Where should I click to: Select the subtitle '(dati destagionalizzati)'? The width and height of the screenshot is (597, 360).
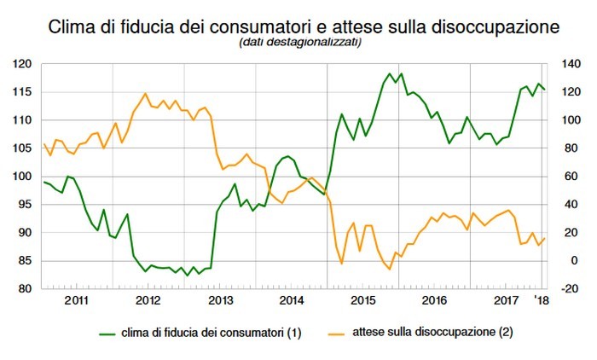[x=298, y=44]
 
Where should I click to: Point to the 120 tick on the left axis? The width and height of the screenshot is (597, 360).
[x=23, y=65]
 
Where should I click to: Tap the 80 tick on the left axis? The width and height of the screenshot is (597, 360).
[x=26, y=289]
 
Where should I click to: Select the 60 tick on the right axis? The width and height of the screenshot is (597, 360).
[x=567, y=177]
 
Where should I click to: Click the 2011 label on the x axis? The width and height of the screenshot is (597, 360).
[x=77, y=301]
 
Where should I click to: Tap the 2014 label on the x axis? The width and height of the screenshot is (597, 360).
[x=292, y=301]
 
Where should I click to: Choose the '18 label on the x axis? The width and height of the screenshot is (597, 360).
[x=541, y=301]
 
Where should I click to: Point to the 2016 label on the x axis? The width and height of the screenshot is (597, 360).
[x=435, y=301]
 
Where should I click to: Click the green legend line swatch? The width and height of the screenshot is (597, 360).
[x=112, y=331]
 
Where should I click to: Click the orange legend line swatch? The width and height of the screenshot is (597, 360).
[x=339, y=331]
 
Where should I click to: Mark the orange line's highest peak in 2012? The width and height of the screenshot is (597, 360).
[x=146, y=93]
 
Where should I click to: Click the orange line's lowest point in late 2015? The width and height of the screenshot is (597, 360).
[x=389, y=270]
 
